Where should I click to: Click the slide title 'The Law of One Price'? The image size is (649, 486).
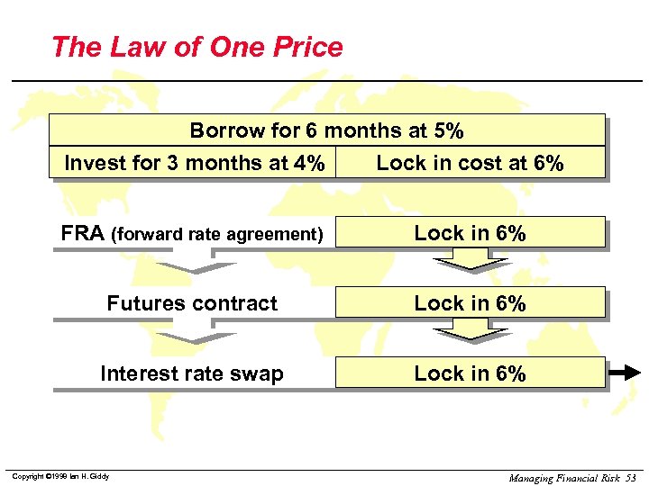[x=197, y=47]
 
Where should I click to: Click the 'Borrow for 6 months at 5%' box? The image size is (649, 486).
[x=326, y=130]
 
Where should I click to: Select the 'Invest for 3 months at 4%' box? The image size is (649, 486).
[x=194, y=163]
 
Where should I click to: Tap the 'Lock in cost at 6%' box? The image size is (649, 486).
[x=470, y=163]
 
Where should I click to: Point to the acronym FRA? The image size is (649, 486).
[x=83, y=234]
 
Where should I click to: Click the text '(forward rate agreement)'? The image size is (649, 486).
[x=216, y=235]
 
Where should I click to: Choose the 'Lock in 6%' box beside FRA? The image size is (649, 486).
[x=470, y=233]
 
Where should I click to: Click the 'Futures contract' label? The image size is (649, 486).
[x=192, y=303]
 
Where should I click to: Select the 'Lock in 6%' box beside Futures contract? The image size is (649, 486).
[x=470, y=303]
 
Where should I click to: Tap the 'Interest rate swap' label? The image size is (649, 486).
[x=191, y=373]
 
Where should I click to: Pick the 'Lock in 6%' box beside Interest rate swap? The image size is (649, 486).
[x=470, y=373]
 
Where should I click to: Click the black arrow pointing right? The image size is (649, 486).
[x=624, y=372]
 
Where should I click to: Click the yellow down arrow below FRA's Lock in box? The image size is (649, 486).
[x=470, y=261]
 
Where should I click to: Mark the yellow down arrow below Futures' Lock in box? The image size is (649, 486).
[x=470, y=331]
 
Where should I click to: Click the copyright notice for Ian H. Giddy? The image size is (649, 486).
[x=60, y=475]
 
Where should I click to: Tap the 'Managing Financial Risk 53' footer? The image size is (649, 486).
[x=572, y=478]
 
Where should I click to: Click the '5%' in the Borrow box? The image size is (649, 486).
[x=448, y=130]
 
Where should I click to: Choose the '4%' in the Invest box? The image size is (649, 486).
[x=309, y=163]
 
